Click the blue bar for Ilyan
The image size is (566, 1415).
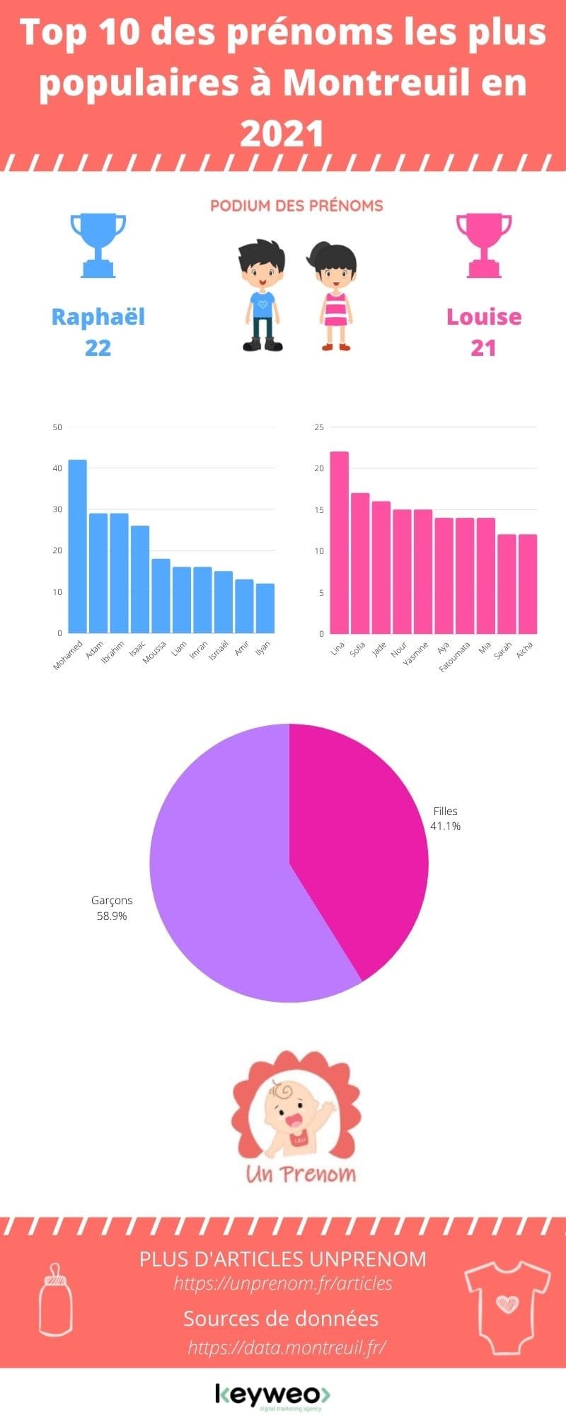coord(265,608)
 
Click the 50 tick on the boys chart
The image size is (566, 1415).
coord(57,427)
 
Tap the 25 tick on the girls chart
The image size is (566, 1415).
coord(319,427)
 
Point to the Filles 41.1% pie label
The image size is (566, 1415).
coord(446,819)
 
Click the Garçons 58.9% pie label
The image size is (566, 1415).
coord(112,908)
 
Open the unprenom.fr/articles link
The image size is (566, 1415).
coord(283,1283)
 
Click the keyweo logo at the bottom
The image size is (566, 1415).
coord(273,1394)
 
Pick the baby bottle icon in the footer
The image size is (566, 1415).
coord(54,1299)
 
